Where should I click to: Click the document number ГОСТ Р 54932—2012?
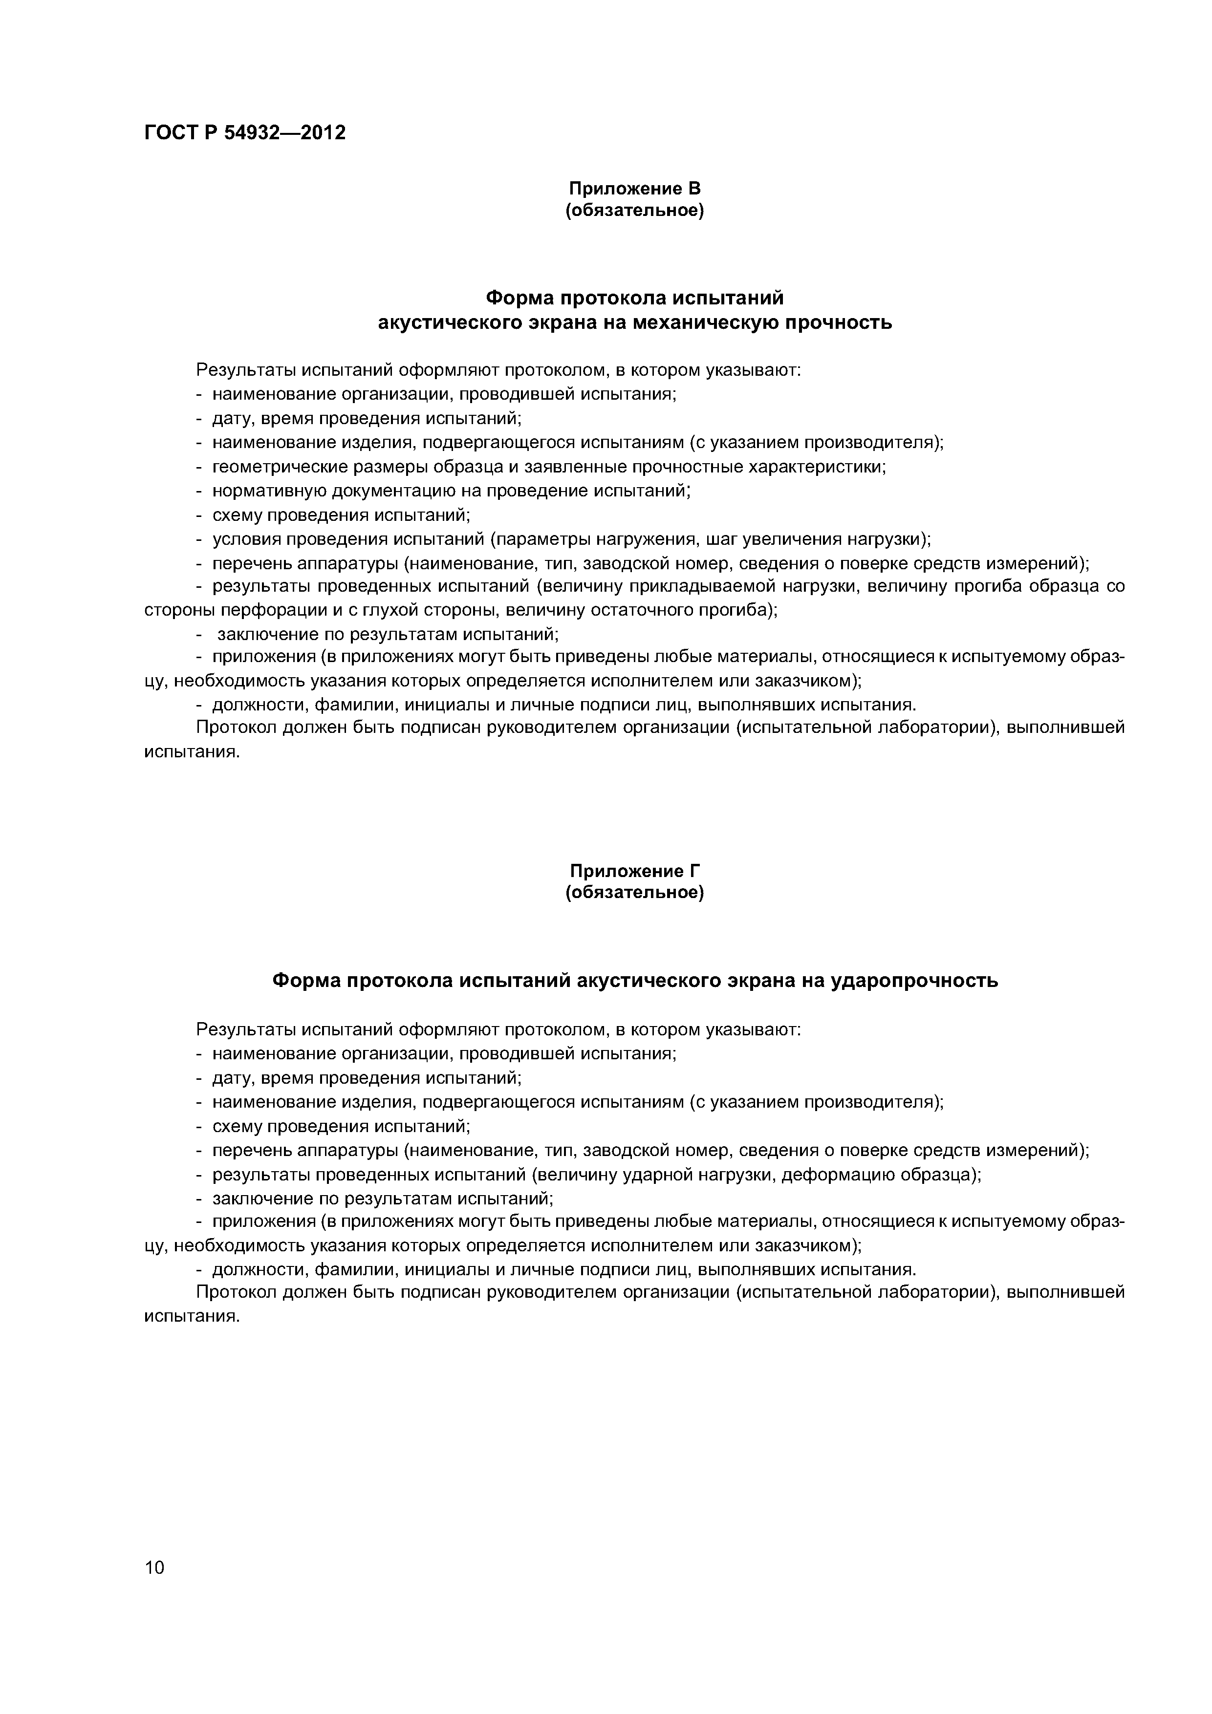[x=244, y=133]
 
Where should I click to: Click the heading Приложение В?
[x=635, y=188]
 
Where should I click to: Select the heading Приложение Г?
[x=635, y=871]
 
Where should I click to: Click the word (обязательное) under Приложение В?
[x=635, y=211]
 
